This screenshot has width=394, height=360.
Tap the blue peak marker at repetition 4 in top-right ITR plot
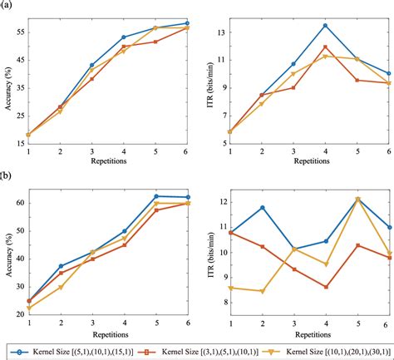pos(325,26)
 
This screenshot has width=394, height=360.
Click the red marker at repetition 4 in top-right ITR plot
pos(325,47)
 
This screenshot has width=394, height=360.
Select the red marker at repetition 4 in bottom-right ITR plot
pos(325,287)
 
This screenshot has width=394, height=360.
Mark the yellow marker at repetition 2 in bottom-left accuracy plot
pos(61,288)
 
